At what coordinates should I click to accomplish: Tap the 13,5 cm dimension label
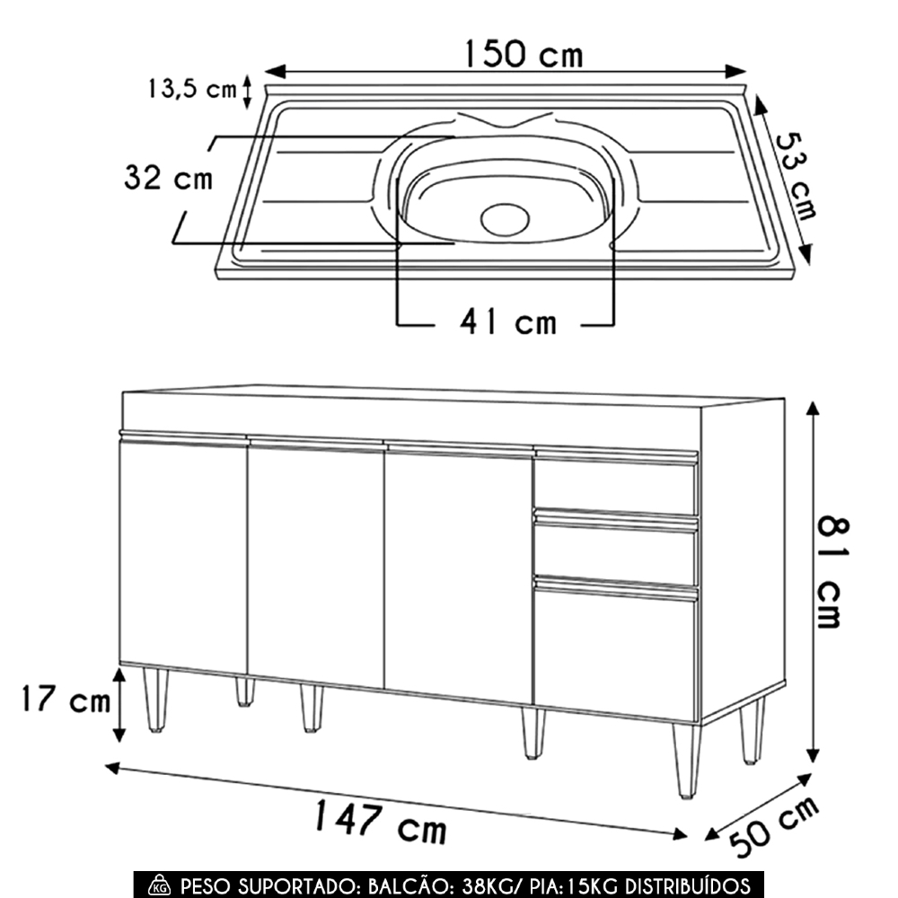click(192, 89)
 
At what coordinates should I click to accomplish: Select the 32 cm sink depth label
click(169, 178)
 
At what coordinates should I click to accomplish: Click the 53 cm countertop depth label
click(797, 177)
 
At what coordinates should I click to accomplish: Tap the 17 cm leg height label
click(63, 700)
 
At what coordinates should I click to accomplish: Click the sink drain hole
click(506, 218)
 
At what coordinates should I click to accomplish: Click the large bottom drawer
click(615, 649)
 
